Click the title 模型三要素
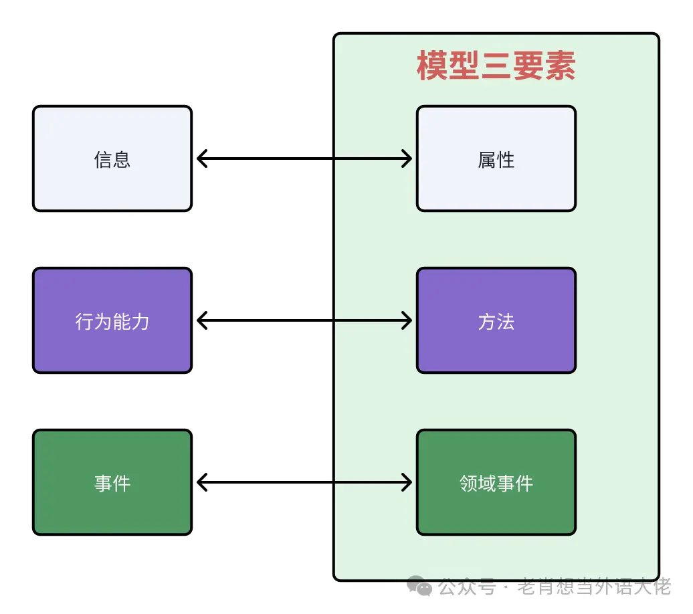click(x=496, y=66)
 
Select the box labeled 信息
click(x=112, y=159)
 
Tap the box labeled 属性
click(x=496, y=159)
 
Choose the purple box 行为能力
click(x=112, y=321)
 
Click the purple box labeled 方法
click(x=496, y=321)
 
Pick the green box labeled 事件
click(x=112, y=482)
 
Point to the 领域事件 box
click(x=496, y=482)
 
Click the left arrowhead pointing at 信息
click(x=202, y=159)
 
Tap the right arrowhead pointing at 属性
click(x=406, y=159)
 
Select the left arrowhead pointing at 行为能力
click(x=202, y=320)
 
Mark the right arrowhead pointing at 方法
click(x=406, y=320)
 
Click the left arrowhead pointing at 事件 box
click(x=202, y=482)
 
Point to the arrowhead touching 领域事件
click(x=406, y=482)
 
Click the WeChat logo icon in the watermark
click(x=421, y=587)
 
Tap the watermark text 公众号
click(x=467, y=587)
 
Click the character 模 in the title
click(x=432, y=66)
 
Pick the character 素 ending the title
click(x=561, y=66)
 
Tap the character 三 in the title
click(x=496, y=66)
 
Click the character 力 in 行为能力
click(x=140, y=322)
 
